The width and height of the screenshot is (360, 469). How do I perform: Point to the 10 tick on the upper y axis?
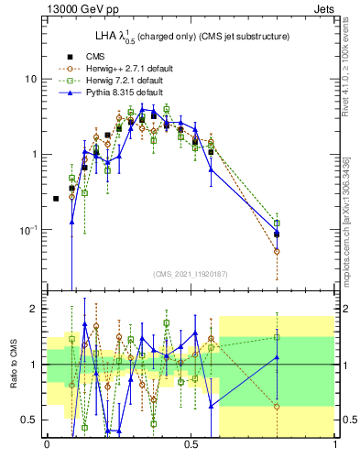tap(30, 79)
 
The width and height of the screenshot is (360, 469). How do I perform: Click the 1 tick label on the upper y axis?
tap(33, 154)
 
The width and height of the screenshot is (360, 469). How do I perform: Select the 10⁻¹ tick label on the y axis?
tap(28, 229)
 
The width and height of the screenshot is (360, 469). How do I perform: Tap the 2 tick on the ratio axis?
tap(33, 310)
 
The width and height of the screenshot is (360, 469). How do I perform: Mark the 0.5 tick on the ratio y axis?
tap(29, 420)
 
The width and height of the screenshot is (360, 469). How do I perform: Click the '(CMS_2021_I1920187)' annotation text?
tap(191, 274)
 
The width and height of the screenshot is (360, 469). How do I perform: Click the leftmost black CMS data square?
tap(56, 199)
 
